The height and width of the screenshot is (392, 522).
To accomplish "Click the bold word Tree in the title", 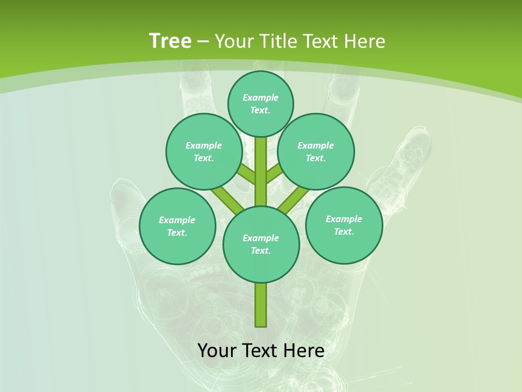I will click(x=170, y=41).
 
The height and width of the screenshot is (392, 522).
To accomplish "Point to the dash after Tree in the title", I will click(x=203, y=42).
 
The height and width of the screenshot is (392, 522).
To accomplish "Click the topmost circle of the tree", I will click(x=260, y=103).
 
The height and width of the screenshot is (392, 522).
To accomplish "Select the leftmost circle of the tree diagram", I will click(x=177, y=226).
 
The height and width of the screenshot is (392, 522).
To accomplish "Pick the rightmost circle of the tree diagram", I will click(x=344, y=225).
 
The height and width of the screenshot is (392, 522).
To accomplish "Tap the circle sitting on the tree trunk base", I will click(x=261, y=244).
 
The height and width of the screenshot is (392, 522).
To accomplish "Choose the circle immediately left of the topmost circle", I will click(x=204, y=151).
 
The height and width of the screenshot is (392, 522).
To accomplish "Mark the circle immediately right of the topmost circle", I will click(x=316, y=151).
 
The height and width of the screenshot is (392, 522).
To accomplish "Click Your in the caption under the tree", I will click(x=217, y=351).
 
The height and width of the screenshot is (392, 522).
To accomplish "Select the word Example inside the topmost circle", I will click(x=260, y=97).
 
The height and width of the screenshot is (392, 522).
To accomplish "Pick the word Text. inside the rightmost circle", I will click(x=344, y=231).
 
